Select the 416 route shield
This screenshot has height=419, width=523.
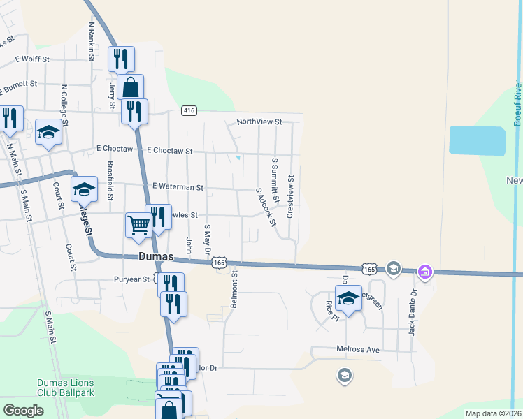click(188, 110)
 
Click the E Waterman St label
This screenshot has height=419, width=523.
click(178, 187)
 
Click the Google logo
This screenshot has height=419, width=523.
click(24, 410)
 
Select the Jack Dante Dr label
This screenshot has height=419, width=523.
click(413, 311)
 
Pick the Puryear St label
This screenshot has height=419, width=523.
click(132, 279)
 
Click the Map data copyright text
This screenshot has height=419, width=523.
click(492, 413)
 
